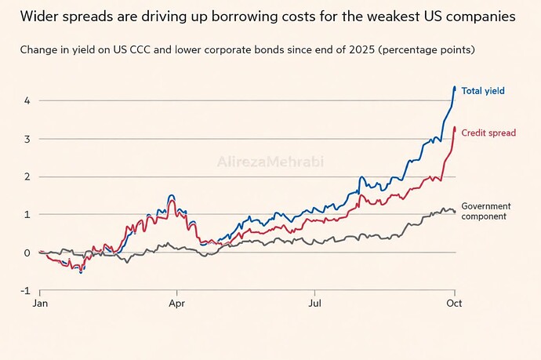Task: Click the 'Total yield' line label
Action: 483,91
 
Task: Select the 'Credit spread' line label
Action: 488,133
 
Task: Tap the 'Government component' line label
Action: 486,211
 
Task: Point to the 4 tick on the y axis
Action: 27,101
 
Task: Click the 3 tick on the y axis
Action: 27,139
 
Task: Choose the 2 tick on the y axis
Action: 27,176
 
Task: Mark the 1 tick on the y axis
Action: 27,214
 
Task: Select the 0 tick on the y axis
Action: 27,253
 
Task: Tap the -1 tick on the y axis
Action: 26,291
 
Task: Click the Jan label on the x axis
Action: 40,304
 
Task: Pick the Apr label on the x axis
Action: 176,304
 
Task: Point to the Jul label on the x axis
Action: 314,304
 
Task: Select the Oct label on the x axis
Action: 454,304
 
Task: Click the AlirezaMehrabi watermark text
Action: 270,162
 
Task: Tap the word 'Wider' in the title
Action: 39,16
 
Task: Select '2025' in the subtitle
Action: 362,49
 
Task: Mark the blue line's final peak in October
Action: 455,86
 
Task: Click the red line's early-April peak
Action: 172,200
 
